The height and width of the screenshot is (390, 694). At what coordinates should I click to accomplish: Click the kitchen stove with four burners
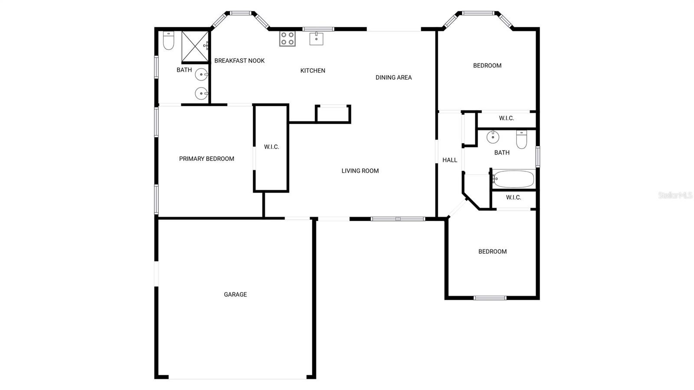pyautogui.click(x=287, y=39)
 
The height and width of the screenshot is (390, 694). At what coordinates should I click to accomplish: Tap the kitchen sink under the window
pyautogui.click(x=316, y=39)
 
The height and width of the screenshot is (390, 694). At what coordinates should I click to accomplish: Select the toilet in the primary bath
pyautogui.click(x=169, y=40)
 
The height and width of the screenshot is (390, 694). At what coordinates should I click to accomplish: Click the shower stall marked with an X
pyautogui.click(x=195, y=46)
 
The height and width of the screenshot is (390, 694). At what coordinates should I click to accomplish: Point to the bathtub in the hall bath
pyautogui.click(x=514, y=179)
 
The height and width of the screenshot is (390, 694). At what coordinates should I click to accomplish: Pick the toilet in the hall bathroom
pyautogui.click(x=521, y=139)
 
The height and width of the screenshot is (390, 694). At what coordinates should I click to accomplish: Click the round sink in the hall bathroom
pyautogui.click(x=493, y=137)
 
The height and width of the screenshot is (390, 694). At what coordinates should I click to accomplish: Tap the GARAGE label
pyautogui.click(x=236, y=294)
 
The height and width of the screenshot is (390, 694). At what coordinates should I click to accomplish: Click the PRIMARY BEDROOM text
pyautogui.click(x=206, y=159)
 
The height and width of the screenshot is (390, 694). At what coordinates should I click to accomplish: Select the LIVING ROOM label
pyautogui.click(x=360, y=170)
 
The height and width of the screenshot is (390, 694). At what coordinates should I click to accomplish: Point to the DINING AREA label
pyautogui.click(x=393, y=78)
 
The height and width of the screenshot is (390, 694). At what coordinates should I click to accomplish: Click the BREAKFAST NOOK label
pyautogui.click(x=239, y=61)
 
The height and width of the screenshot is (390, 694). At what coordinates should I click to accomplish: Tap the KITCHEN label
pyautogui.click(x=313, y=71)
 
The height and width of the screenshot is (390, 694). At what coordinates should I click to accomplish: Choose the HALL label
pyautogui.click(x=449, y=160)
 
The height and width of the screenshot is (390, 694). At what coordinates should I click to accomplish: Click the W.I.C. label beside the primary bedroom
pyautogui.click(x=272, y=147)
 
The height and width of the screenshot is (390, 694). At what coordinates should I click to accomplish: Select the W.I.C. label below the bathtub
pyautogui.click(x=514, y=197)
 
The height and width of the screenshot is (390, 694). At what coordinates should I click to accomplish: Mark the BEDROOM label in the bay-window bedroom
pyautogui.click(x=487, y=66)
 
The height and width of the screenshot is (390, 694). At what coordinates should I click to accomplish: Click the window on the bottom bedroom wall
pyautogui.click(x=490, y=298)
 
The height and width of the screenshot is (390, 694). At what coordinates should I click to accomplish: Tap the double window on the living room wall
pyautogui.click(x=398, y=219)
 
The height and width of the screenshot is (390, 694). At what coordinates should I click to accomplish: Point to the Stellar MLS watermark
pyautogui.click(x=675, y=195)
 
